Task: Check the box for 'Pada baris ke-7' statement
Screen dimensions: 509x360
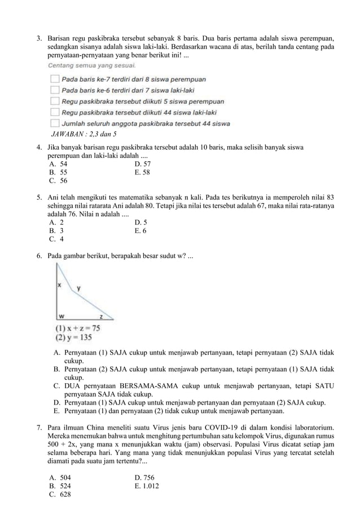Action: (55, 79)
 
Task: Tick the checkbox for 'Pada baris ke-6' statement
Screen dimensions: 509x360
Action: (55, 90)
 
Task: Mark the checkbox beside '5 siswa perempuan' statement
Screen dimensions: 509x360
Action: (55, 102)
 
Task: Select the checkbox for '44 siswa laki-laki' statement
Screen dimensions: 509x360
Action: (55, 112)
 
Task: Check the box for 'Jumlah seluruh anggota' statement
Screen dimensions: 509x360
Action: (55, 123)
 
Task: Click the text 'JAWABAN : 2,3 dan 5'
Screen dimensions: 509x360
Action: (84, 134)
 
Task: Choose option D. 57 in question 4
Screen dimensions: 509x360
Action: (143, 164)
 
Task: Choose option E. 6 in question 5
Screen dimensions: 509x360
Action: (141, 231)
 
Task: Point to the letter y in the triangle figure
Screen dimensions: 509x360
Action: (78, 288)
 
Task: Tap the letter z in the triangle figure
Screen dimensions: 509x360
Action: (101, 316)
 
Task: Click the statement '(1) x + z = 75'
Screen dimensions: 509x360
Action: (77, 328)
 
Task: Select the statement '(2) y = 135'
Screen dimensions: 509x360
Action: (73, 337)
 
